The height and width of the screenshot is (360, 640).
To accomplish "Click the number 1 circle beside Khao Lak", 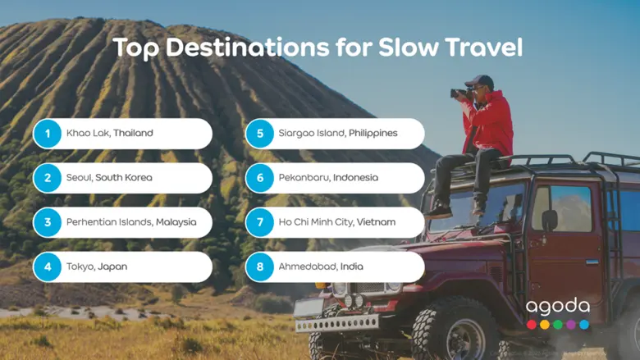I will coord(48,134).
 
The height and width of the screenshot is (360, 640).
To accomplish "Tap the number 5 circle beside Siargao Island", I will coord(260,134).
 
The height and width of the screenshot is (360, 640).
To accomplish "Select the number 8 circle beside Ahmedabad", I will coord(260,267).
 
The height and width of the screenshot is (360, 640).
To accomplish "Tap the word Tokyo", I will coord(80,267).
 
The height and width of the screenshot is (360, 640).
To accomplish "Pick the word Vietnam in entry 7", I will coord(375,221).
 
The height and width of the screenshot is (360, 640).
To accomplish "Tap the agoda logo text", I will coord(558,307).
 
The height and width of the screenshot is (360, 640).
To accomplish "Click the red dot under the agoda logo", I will coord(532,325).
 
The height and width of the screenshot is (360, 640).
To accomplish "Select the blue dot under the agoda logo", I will coord(584,325).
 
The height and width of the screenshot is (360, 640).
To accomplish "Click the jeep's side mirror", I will coord(549,220).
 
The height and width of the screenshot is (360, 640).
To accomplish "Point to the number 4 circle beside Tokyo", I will coord(48,267).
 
